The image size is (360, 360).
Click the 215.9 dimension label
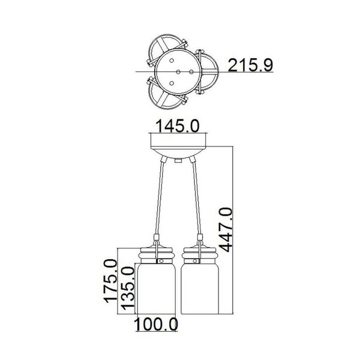coord(250,65)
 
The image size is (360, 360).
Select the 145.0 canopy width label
coord(178,126)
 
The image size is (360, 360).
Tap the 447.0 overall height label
coord(225,230)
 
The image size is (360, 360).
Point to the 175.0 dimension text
coord(110,281)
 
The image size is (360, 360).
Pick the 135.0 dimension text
coord(127,288)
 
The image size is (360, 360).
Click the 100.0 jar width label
coord(156,325)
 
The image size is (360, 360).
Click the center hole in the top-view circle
coord(178,72)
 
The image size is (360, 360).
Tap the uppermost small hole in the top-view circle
coord(172,61)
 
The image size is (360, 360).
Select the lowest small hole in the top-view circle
coord(172,83)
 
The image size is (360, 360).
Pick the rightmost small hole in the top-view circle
coord(191,72)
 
